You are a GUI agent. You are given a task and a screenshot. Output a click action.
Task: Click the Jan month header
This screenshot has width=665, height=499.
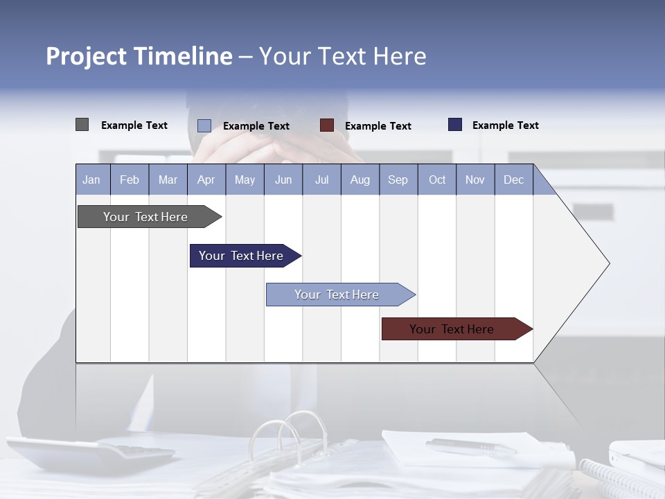[91, 180]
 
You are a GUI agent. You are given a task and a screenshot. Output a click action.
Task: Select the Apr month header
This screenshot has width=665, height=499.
[206, 180]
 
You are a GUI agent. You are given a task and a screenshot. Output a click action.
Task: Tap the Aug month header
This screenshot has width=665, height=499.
[360, 180]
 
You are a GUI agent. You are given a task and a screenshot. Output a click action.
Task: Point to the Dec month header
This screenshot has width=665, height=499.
[513, 180]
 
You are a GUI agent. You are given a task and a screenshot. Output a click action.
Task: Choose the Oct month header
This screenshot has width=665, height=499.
[437, 180]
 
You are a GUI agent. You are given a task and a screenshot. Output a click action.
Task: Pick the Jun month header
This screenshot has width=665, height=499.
[283, 180]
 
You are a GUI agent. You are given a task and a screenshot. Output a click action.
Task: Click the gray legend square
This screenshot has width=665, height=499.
[82, 125]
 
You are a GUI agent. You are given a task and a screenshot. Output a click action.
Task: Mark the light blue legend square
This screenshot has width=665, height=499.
[204, 125]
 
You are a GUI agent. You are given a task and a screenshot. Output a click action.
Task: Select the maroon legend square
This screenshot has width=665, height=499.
[327, 125]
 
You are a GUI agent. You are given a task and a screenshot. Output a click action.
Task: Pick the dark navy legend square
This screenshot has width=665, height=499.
[455, 125]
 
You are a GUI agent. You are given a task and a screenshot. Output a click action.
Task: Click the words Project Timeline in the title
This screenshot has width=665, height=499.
[139, 56]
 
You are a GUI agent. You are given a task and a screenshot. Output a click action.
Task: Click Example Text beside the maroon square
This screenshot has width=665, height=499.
[378, 126]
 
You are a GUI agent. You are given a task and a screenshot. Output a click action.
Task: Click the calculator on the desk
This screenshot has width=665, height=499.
[90, 454]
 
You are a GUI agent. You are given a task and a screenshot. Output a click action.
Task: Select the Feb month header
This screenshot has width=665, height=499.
[130, 180]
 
